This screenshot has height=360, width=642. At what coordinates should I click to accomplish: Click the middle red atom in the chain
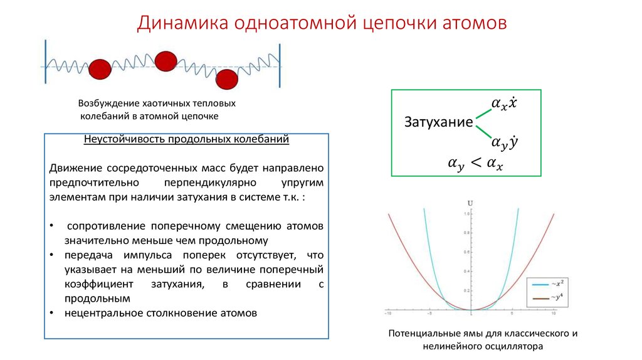166,61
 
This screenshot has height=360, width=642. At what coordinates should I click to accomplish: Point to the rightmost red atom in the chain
227,80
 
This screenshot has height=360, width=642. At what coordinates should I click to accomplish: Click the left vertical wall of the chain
45,63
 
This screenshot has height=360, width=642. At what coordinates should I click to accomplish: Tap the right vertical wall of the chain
280,63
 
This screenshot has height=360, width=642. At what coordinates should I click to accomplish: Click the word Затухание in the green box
438,122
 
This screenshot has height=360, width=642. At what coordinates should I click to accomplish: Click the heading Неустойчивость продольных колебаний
186,140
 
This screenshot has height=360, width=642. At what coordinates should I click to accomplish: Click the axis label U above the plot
470,203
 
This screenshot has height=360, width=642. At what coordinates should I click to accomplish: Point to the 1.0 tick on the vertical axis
465,214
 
